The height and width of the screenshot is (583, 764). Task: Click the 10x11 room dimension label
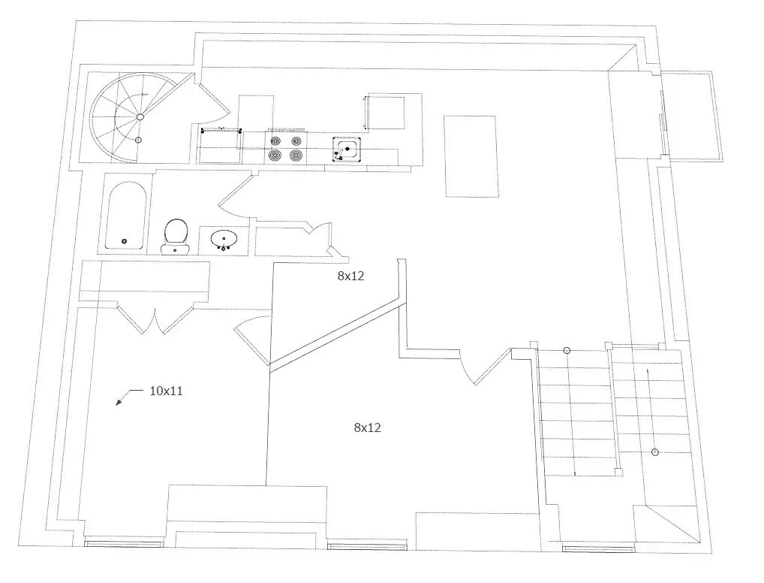(166, 391)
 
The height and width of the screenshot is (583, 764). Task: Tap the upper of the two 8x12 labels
(350, 276)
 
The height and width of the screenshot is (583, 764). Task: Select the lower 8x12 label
(368, 427)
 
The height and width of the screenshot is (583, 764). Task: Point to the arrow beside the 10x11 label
(128, 397)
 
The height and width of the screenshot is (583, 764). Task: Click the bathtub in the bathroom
(126, 215)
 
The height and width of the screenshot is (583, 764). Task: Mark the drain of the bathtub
(124, 241)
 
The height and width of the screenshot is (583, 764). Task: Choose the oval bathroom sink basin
(224, 239)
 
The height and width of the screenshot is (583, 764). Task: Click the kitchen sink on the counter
(347, 150)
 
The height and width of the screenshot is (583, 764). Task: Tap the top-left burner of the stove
(275, 141)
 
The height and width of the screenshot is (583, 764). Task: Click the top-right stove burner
(296, 141)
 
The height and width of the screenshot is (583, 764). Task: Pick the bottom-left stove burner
(275, 156)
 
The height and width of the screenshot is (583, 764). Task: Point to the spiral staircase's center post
(140, 117)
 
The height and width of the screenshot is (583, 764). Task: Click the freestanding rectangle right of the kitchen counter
(471, 156)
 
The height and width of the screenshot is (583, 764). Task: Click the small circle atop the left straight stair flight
(567, 350)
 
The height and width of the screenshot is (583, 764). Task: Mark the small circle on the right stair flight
(655, 452)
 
